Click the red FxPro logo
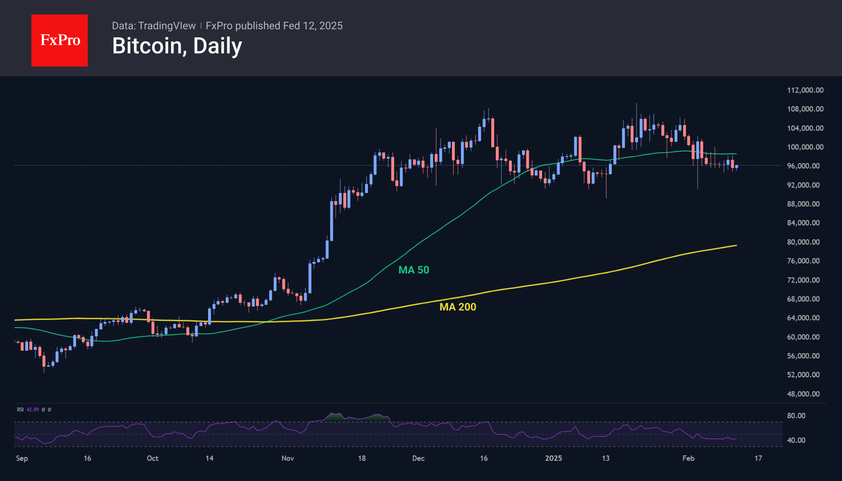click(60, 41)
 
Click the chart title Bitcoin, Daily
click(177, 46)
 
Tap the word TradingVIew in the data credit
click(167, 26)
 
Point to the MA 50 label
click(414, 270)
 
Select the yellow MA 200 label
click(458, 307)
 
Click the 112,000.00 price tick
click(805, 90)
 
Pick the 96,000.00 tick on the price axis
click(803, 166)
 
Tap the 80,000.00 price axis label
click(803, 242)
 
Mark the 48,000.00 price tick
click(803, 394)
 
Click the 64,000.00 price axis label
click(803, 318)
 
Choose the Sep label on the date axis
click(22, 458)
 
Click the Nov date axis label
click(288, 458)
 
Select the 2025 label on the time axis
click(553, 458)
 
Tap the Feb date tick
click(688, 458)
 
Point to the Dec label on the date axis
click(418, 458)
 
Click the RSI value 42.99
click(33, 409)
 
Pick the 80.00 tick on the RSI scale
click(796, 415)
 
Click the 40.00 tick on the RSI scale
click(796, 440)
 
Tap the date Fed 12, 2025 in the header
click(313, 26)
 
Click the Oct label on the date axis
click(153, 458)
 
